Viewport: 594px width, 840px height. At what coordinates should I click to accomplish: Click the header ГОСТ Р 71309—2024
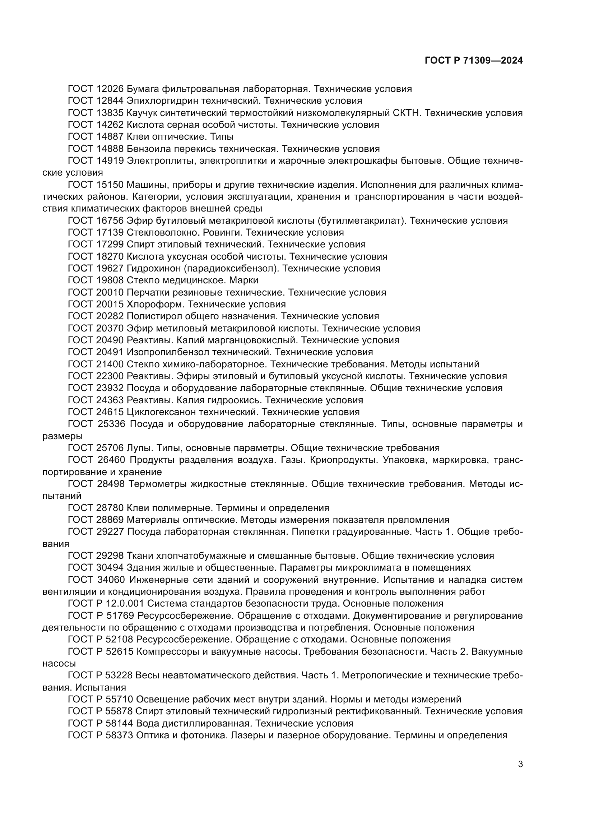[473, 61]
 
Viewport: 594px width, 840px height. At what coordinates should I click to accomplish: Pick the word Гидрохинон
[154, 269]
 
